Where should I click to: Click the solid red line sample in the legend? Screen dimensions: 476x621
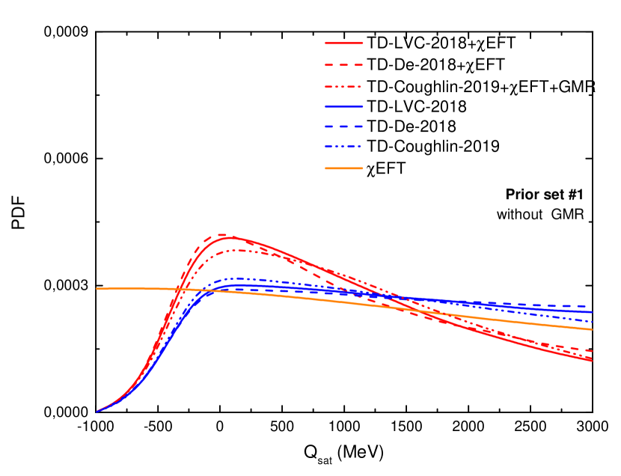[x=343, y=43]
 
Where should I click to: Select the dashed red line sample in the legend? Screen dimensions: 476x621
[x=343, y=65]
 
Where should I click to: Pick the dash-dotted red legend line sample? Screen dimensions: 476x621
[x=343, y=87]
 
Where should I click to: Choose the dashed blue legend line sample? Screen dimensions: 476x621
[x=343, y=126]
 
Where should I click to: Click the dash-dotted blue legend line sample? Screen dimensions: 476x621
[x=343, y=147]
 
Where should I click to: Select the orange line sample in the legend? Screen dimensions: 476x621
[x=343, y=168]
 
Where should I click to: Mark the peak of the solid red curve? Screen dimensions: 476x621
[x=233, y=237]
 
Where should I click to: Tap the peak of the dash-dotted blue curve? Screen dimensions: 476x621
[x=238, y=278]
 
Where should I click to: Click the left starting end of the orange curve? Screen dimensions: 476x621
[x=97, y=289]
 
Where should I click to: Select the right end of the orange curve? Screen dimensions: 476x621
[x=592, y=329]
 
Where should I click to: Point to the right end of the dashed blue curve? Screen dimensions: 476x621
[x=592, y=306]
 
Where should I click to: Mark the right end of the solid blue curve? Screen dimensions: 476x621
[x=592, y=312]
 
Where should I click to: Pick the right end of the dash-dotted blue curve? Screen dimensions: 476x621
[x=592, y=322]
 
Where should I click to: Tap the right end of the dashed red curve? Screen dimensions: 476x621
[x=592, y=350]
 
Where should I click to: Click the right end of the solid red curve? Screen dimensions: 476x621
[x=592, y=360]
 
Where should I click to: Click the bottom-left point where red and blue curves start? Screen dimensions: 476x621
[x=97, y=411]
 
